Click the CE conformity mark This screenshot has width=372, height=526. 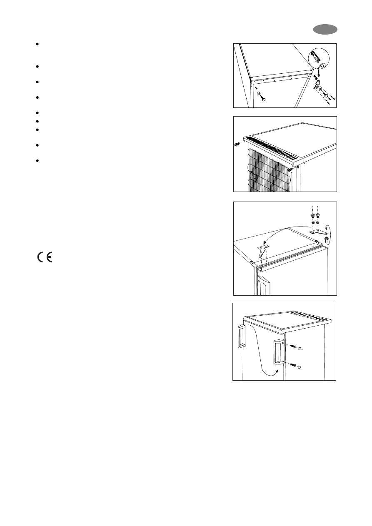click(x=44, y=258)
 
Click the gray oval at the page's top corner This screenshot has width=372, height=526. click(x=326, y=30)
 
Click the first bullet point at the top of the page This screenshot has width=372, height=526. click(x=37, y=44)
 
